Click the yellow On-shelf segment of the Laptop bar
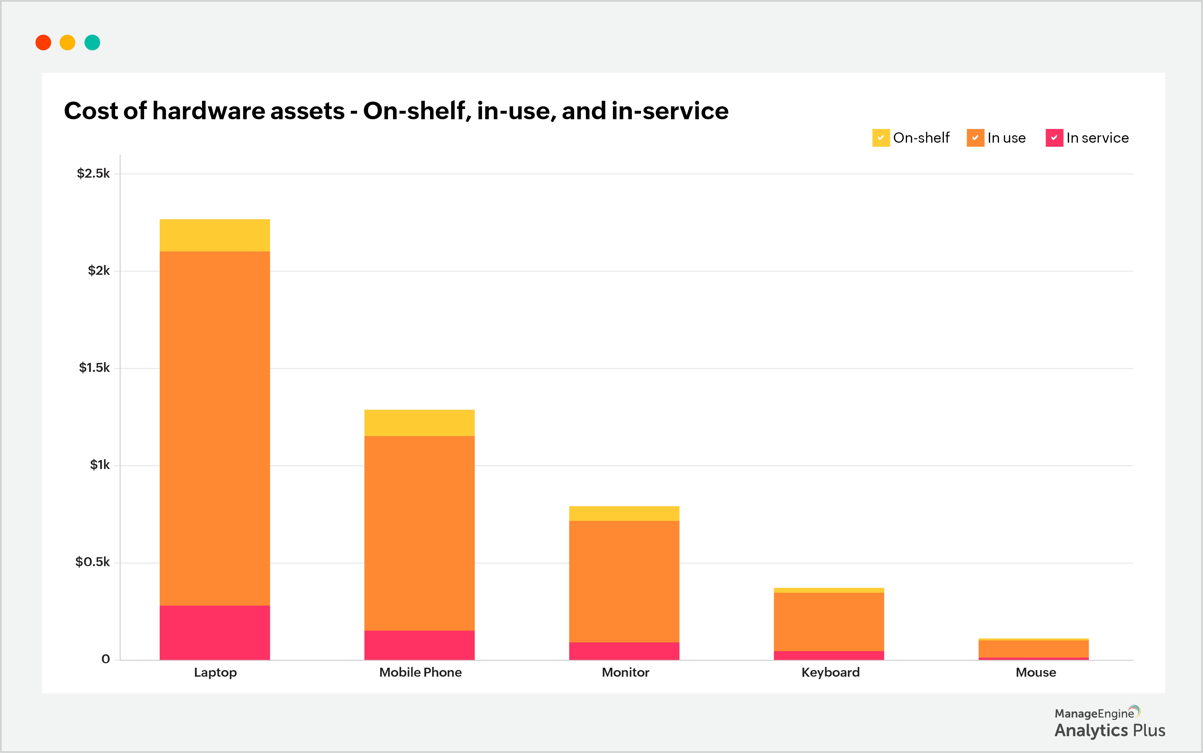click(214, 235)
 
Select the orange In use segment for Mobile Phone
click(419, 533)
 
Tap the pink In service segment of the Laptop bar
click(214, 632)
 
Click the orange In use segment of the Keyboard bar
click(829, 621)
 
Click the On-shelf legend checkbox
click(880, 138)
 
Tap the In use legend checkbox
click(975, 138)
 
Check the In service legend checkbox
click(1054, 138)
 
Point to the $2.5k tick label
click(93, 173)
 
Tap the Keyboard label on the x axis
click(830, 672)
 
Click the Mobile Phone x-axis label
click(420, 672)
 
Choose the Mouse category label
click(1035, 672)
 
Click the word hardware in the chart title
click(248, 111)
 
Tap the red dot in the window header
click(43, 42)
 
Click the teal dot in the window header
click(92, 42)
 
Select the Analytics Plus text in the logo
click(1109, 730)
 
